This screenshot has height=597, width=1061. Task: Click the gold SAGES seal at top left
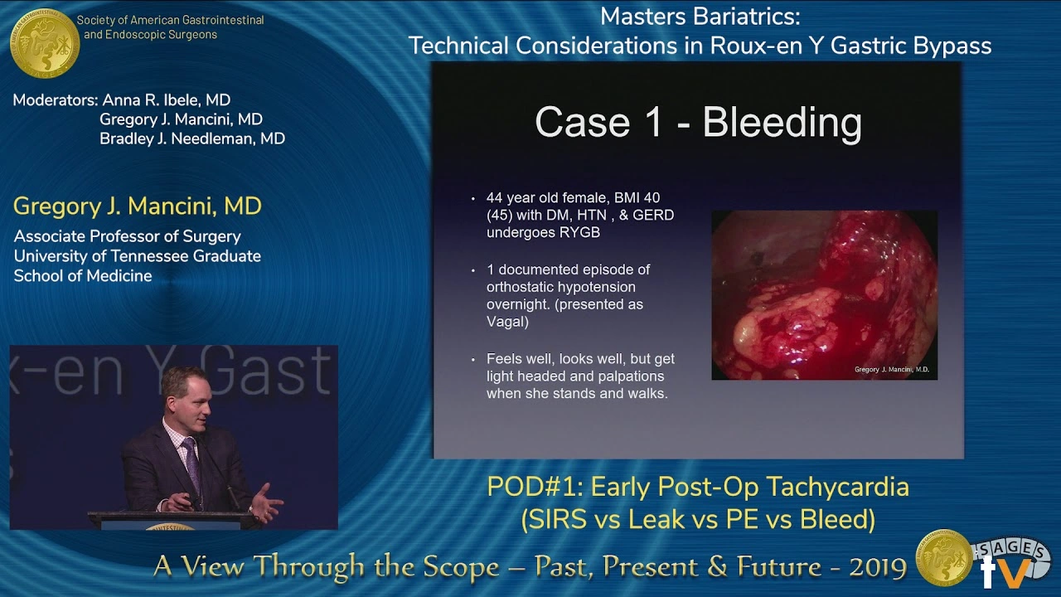coord(45,43)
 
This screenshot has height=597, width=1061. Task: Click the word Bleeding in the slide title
coord(782,123)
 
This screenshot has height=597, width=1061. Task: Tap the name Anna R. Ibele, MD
coord(166,100)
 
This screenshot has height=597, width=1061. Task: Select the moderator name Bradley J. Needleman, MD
coord(192,138)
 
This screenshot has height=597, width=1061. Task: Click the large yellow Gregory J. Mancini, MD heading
coord(138,206)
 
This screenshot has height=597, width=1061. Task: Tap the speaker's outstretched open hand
coord(266,502)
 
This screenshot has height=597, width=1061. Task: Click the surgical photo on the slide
coord(824,294)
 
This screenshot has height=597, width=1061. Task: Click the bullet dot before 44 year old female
coord(473,199)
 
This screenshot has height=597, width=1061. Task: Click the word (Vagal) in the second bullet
coord(507,322)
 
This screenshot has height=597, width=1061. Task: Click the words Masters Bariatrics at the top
coord(700,16)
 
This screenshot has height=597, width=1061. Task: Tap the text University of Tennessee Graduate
coord(137,256)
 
